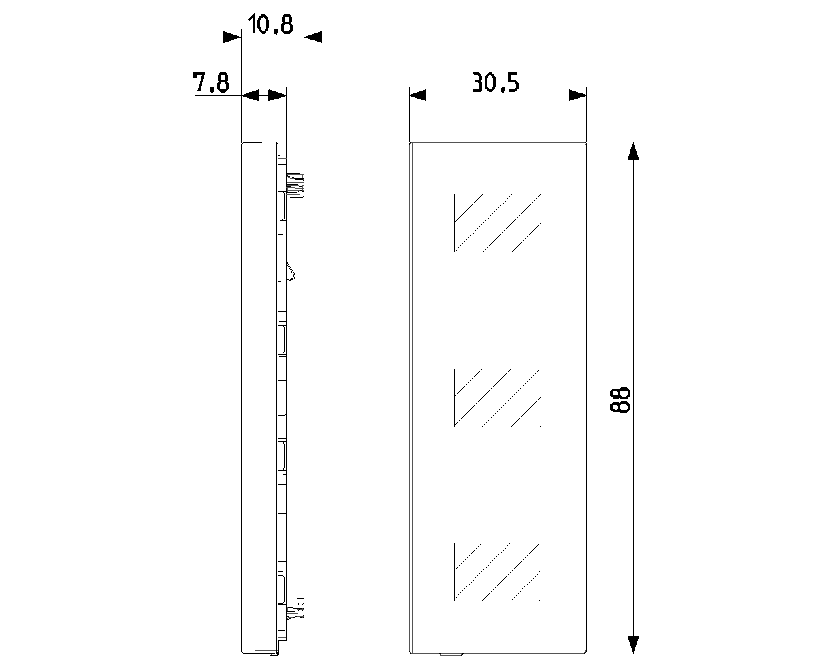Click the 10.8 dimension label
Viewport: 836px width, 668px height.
pyautogui.click(x=270, y=23)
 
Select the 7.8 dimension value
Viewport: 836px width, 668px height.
pyautogui.click(x=211, y=82)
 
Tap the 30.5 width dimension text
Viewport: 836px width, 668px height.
pyautogui.click(x=495, y=82)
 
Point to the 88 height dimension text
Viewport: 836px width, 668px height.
pyautogui.click(x=620, y=400)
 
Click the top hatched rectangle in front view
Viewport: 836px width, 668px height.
pyautogui.click(x=497, y=223)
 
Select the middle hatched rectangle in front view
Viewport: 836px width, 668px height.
pyautogui.click(x=497, y=398)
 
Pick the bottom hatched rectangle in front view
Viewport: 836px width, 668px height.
pyautogui.click(x=497, y=571)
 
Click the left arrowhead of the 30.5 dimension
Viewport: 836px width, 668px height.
pyautogui.click(x=417, y=95)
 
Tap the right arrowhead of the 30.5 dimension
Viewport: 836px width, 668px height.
pyautogui.click(x=577, y=95)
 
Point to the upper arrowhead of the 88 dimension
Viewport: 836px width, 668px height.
pyautogui.click(x=634, y=151)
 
